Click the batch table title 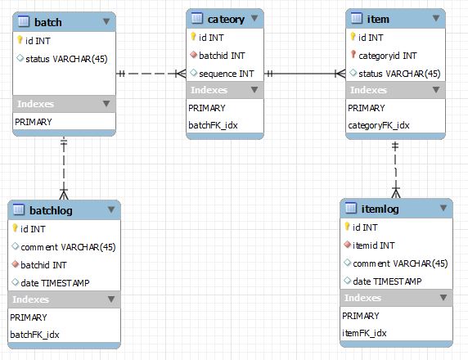pos(48,22)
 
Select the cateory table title pos(226,20)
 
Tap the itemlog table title pos(380,209)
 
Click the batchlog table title pos(51,210)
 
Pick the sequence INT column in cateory pos(227,74)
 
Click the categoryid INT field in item pos(388,56)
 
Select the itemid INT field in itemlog pos(373,245)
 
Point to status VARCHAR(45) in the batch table pos(66,59)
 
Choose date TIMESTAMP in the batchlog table pos(55,283)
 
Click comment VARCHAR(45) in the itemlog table pos(400,263)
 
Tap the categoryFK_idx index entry pos(379,125)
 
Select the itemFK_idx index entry pos(364,333)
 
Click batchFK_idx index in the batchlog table pos(34,335)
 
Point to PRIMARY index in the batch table pos(34,122)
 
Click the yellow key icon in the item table pos(353,37)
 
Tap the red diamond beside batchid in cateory pos(193,55)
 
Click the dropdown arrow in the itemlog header pos(443,208)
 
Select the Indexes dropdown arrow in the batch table pos(106,104)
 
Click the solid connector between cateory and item pos(304,74)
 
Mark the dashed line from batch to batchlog pos(64,169)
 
